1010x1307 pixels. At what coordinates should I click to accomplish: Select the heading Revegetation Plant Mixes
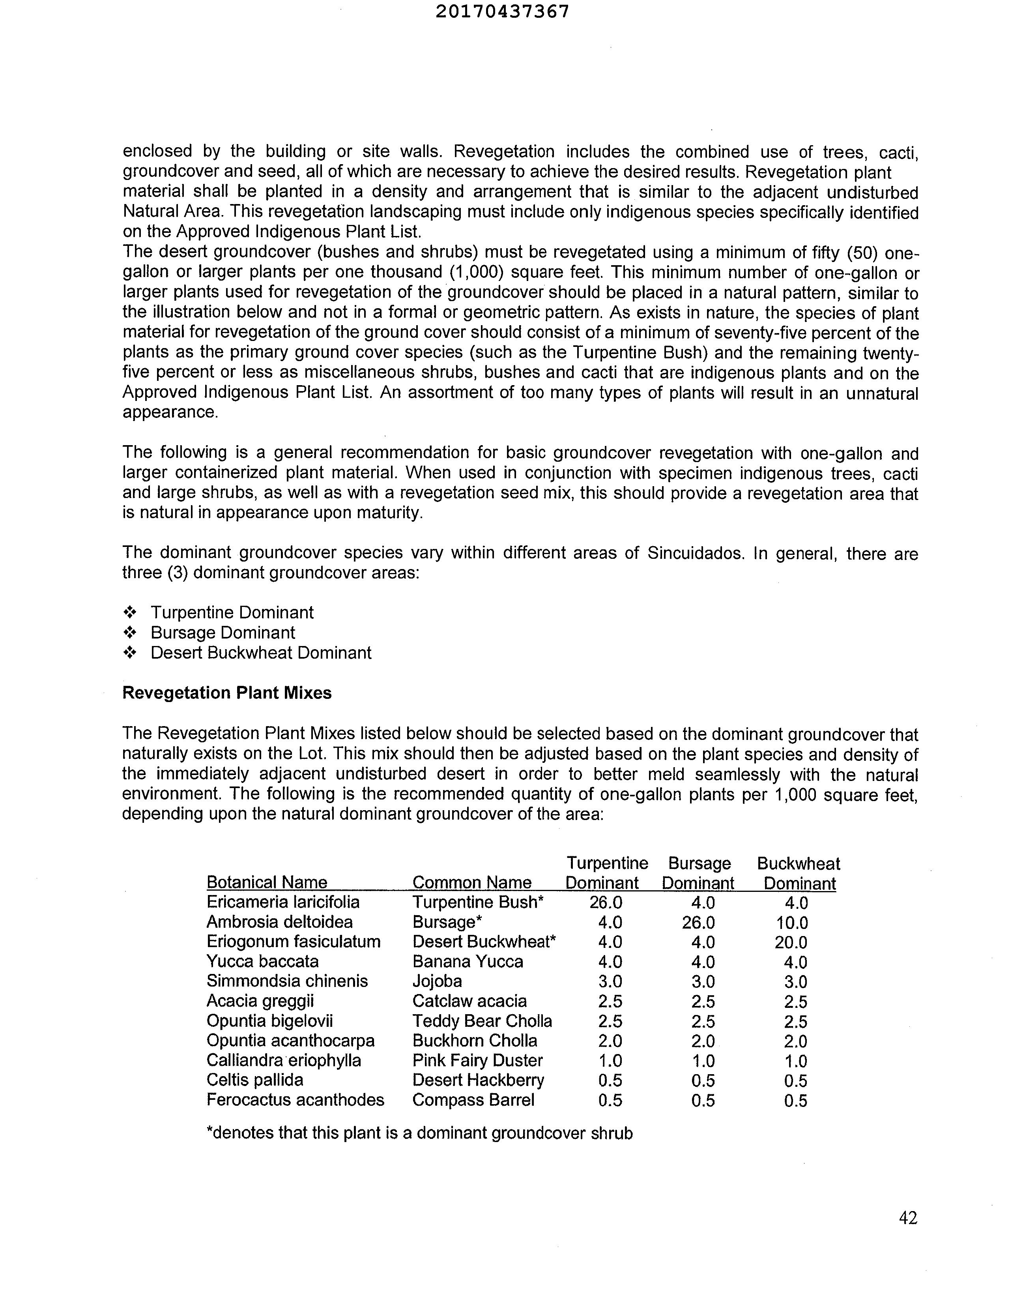227,693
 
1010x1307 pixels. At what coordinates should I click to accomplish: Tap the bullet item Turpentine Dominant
232,613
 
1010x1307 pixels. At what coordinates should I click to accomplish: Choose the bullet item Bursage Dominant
223,633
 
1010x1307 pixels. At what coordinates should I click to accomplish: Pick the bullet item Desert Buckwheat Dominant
261,653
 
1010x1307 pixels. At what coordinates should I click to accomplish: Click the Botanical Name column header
267,883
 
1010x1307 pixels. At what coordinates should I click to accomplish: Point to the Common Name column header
472,883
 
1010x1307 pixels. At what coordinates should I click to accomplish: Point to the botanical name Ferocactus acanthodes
296,1100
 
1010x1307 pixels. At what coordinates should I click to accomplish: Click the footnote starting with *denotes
419,1133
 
